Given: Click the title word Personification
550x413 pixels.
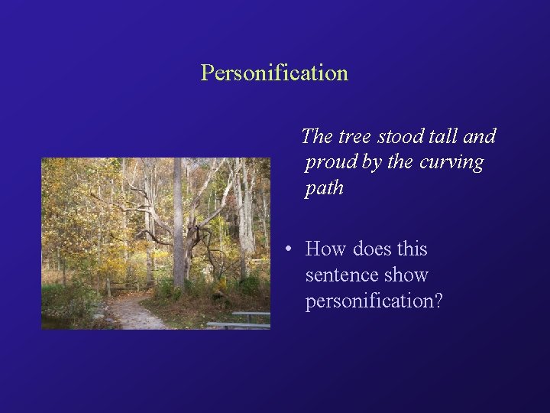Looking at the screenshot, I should click(x=274, y=73).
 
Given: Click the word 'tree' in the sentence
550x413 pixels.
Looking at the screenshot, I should click(x=353, y=137).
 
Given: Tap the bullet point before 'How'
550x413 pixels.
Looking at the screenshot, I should click(x=286, y=250).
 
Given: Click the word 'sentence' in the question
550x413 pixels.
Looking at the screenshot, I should click(x=338, y=275).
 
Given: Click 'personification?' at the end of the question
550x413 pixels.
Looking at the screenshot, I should click(x=374, y=301).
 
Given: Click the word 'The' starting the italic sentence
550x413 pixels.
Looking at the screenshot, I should click(x=317, y=137).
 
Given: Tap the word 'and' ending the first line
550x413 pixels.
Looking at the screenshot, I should click(x=480, y=137).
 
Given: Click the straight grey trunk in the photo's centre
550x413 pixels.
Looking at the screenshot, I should click(x=178, y=222).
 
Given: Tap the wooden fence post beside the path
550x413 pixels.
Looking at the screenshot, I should click(x=109, y=288).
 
